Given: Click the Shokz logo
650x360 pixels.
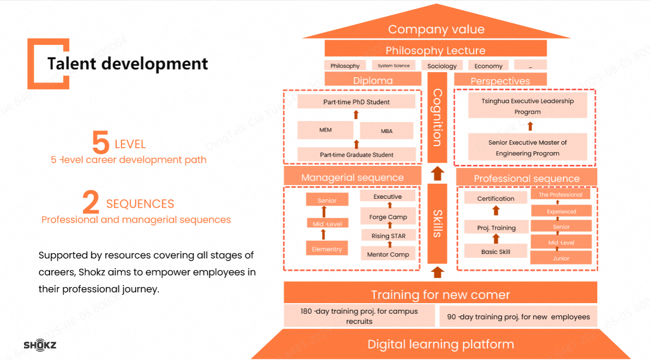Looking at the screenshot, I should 40,345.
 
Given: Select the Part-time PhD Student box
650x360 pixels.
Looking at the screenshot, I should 356,102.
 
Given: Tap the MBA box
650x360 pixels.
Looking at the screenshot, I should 387,131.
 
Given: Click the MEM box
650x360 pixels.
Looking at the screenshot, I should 326,130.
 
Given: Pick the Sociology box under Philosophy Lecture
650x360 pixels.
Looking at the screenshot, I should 442,66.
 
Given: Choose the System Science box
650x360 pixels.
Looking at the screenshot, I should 394,65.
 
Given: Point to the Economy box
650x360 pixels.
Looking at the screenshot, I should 488,66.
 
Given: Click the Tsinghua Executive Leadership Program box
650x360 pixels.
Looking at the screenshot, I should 527,106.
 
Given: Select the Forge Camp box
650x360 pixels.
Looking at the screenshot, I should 388,217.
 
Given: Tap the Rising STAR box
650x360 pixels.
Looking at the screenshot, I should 388,236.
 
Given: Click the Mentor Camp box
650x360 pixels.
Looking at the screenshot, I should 388,255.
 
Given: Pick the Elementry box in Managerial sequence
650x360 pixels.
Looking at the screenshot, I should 327,249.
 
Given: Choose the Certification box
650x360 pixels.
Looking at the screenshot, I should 496,198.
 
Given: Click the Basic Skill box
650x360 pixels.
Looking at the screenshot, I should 496,251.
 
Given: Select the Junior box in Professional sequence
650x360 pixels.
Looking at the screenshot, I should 561,258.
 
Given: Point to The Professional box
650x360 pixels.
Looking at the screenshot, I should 561,195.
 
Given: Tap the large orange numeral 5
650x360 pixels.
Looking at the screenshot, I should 100,143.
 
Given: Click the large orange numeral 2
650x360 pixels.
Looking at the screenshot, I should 91,203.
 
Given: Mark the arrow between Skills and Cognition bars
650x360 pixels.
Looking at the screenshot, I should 438,173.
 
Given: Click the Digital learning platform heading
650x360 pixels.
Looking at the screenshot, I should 441,344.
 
